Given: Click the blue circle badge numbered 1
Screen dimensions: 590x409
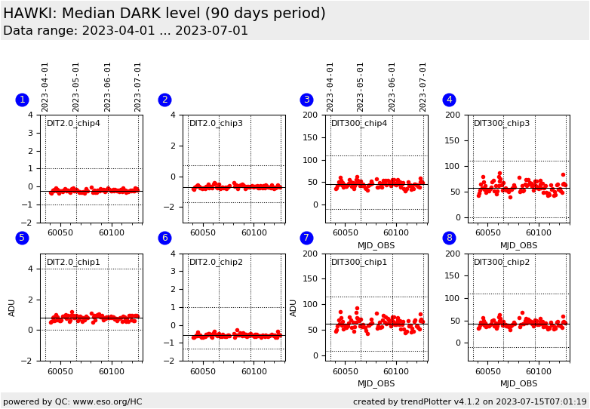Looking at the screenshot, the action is point(22,100).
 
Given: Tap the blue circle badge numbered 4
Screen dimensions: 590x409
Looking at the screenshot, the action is point(449,100).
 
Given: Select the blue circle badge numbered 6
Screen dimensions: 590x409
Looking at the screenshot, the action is point(164,238).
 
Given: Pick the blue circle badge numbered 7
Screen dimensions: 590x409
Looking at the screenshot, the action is point(306,238).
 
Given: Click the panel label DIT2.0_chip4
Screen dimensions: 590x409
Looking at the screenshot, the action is point(73,124).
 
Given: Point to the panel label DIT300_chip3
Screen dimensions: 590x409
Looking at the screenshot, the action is point(502,124).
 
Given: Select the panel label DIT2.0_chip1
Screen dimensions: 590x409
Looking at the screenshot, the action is point(73,262).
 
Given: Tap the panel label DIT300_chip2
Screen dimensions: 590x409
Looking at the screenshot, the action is point(502,262).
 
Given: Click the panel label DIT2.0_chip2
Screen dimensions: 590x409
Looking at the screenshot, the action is point(216,262).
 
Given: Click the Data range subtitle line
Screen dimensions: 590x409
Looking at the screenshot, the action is point(126,30).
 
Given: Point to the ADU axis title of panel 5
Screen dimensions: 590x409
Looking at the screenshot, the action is point(11,308).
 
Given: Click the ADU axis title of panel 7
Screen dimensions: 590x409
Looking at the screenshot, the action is point(293,308).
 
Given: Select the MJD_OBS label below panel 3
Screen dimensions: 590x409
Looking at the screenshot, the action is point(376,246).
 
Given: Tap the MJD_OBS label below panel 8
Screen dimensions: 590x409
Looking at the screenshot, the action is point(518,384).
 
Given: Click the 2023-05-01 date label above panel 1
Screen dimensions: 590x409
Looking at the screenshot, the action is point(75,88).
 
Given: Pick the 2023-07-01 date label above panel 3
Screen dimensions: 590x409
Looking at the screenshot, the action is point(423,88).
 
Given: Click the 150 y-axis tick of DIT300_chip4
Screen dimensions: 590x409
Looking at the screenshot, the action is point(310,137).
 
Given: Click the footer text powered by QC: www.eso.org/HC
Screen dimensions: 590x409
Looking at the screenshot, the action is point(72,401).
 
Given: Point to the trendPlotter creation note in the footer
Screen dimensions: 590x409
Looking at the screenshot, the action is point(470,401).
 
